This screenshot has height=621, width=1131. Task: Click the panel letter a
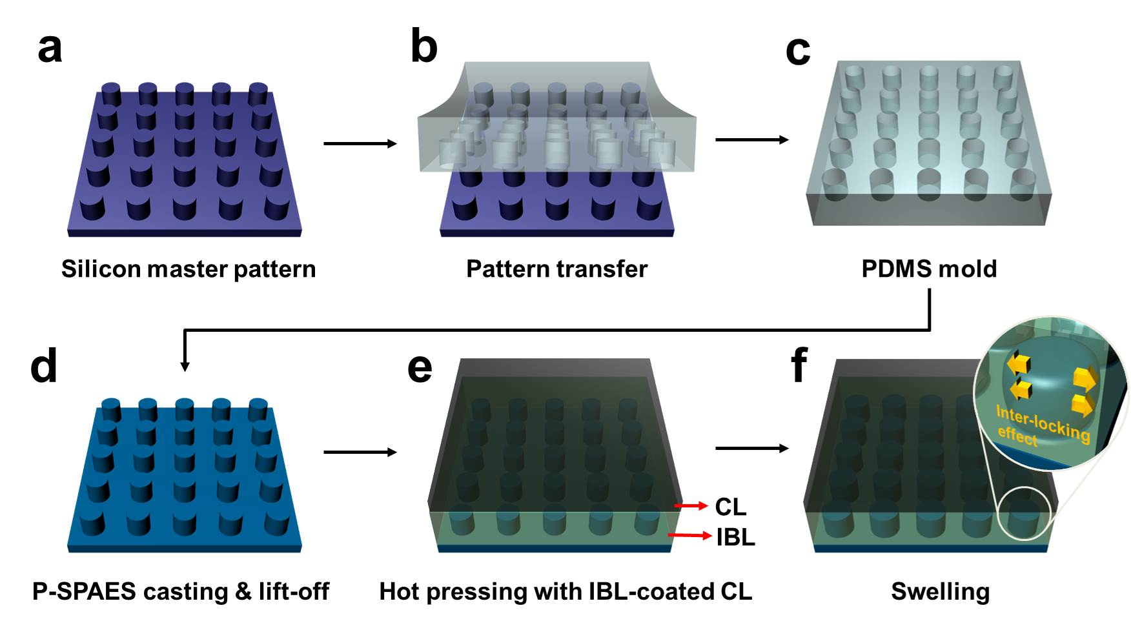[x=50, y=48]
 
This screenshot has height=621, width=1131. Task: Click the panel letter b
[x=424, y=46]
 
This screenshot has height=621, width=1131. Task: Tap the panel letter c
[x=798, y=50]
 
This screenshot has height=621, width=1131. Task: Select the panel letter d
[x=44, y=366]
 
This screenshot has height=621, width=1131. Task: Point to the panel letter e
[x=420, y=368]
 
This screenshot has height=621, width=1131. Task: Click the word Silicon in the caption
[x=101, y=269]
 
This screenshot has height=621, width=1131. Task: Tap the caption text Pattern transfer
[x=556, y=269]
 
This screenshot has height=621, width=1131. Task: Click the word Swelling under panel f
[x=940, y=591]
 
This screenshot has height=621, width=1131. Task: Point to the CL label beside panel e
[x=730, y=507]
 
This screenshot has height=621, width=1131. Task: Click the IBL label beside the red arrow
[x=735, y=537]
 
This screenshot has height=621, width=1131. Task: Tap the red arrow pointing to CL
[x=691, y=506]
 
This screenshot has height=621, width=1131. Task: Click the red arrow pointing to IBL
[x=689, y=536]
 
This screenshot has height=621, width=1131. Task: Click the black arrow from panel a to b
[x=360, y=143]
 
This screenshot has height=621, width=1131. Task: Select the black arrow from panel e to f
[x=752, y=448]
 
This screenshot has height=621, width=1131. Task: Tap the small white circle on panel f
[x=1024, y=515]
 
